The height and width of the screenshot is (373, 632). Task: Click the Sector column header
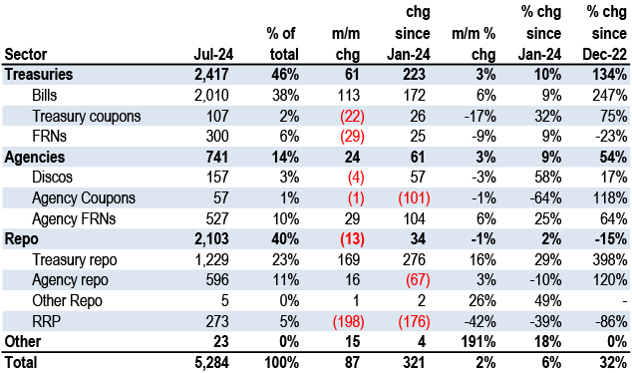25,54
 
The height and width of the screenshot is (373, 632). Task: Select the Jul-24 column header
213,54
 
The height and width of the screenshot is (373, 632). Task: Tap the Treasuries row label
39,75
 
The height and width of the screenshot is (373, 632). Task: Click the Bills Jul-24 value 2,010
211,96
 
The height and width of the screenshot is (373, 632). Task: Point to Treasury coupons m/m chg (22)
352,116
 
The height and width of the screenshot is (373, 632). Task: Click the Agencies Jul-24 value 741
217,157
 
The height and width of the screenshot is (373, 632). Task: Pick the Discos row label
52,178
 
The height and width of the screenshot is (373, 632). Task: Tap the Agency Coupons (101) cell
414,198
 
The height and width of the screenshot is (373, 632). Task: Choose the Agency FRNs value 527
217,219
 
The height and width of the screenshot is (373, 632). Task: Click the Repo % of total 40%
285,239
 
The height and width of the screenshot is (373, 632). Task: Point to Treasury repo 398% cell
610,260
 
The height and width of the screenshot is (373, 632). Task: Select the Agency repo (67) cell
418,280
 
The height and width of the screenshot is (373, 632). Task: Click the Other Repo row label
67,301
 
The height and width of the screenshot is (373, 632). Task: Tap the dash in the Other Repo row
625,301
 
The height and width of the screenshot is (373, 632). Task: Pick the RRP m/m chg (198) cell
348,322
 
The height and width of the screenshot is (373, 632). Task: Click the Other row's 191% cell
478,342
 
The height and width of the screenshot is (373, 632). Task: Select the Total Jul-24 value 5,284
211,362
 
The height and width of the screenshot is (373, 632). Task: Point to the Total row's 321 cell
414,362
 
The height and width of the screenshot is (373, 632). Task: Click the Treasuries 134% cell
610,75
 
